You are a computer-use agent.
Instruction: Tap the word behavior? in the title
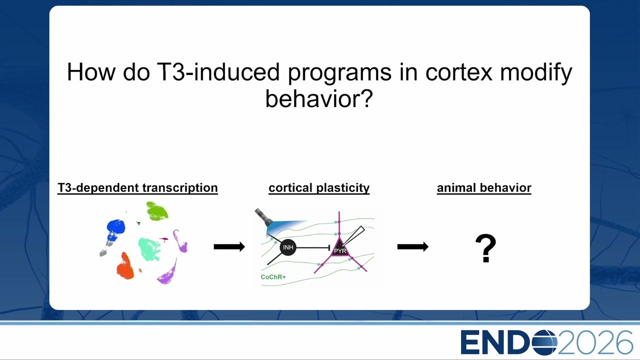(x=319, y=98)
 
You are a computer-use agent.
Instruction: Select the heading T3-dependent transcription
(x=137, y=188)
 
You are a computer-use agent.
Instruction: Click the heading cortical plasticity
(x=319, y=188)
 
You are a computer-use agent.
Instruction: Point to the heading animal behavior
(x=484, y=188)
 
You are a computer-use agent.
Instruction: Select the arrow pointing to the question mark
(x=413, y=246)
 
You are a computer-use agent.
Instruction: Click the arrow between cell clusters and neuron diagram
(x=229, y=246)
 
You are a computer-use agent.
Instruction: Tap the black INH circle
(x=288, y=247)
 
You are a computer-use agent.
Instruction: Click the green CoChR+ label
(x=273, y=277)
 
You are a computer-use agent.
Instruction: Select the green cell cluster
(x=156, y=211)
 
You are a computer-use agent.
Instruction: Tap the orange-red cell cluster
(x=125, y=266)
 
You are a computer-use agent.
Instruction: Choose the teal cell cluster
(x=149, y=249)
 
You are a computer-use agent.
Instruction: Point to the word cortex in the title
(x=459, y=72)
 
